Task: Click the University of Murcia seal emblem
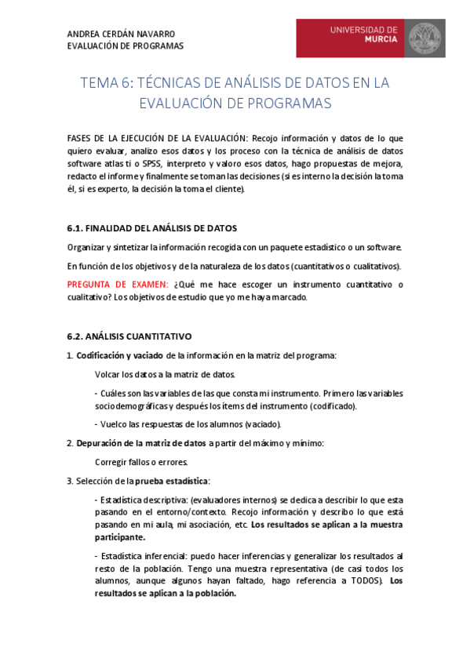coord(424,38)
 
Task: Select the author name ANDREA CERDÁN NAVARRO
coord(122,34)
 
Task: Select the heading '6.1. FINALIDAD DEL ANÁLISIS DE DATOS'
coord(151,228)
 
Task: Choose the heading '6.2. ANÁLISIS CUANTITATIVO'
coord(129,336)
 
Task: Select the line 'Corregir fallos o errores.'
coord(141,462)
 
